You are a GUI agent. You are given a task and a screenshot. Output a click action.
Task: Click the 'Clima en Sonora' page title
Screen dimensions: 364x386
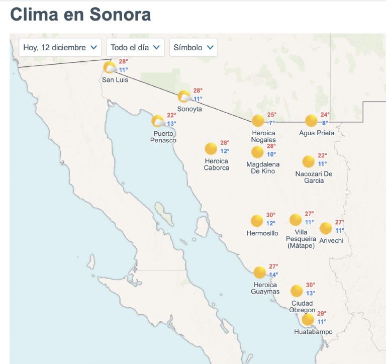(x=80, y=14)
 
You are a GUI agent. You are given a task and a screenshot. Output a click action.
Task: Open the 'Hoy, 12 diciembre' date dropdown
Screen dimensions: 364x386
(x=60, y=47)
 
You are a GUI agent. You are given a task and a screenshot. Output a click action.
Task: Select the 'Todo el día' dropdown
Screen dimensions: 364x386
(x=135, y=47)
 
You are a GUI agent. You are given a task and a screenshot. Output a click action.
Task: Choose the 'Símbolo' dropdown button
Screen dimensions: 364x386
(x=194, y=47)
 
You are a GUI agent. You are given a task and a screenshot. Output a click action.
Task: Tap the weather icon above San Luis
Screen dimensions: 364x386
(x=110, y=67)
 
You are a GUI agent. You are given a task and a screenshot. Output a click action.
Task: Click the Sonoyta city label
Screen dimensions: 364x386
(x=189, y=109)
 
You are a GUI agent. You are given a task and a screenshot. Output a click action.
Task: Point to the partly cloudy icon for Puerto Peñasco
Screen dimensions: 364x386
(x=158, y=121)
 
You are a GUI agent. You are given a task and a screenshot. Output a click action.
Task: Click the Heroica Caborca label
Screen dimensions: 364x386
(x=216, y=164)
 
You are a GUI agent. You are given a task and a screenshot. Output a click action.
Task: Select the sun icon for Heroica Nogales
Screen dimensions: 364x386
(x=258, y=121)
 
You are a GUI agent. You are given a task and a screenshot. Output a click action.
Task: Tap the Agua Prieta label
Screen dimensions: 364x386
(x=317, y=133)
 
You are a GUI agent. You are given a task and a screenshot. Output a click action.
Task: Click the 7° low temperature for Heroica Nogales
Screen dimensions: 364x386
(x=272, y=123)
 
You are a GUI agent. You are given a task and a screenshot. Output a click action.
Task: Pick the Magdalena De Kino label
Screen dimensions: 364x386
(x=263, y=168)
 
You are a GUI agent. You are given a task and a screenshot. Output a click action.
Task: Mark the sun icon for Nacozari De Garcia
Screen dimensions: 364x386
(x=309, y=162)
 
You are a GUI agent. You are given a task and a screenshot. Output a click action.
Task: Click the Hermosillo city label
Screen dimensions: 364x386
(x=262, y=233)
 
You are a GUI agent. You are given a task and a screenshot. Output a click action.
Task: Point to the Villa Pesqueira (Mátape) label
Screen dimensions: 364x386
(x=301, y=239)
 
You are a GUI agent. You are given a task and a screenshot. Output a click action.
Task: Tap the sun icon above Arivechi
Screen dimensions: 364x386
(x=326, y=228)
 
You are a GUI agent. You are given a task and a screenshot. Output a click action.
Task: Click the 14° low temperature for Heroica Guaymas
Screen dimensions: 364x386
(x=273, y=275)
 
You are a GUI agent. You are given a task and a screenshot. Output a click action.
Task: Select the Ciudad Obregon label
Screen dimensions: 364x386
(x=302, y=307)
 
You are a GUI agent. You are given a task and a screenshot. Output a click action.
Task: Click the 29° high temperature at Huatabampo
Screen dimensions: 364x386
(x=322, y=314)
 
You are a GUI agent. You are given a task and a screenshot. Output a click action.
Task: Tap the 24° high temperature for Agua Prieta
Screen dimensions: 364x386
(x=325, y=115)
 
